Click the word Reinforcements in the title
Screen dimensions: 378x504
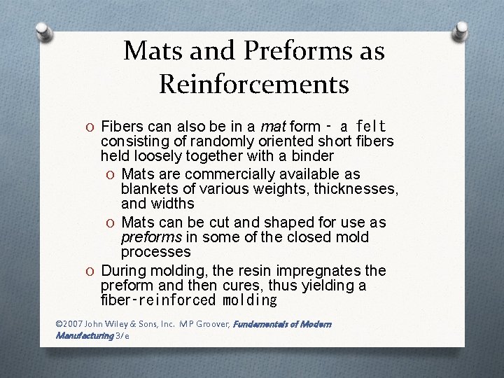tap(254, 84)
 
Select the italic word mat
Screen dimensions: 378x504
tap(273, 127)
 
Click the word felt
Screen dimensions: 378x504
tap(371, 127)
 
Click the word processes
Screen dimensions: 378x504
tap(156, 251)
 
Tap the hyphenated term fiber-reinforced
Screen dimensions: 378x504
tap(158, 301)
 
